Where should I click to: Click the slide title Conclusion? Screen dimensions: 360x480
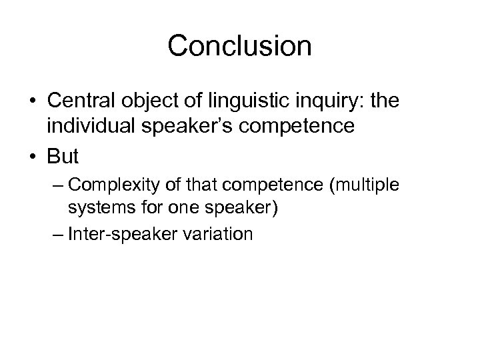click(x=240, y=46)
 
